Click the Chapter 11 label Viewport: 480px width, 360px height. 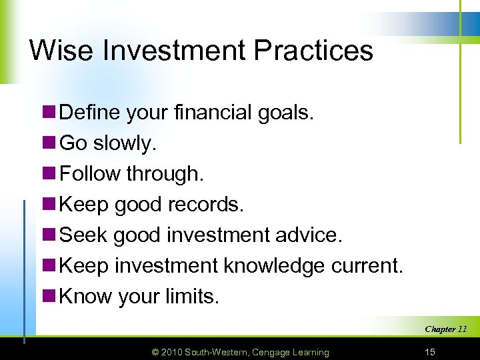pos(445,329)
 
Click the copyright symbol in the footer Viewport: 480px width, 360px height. pos(155,352)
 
